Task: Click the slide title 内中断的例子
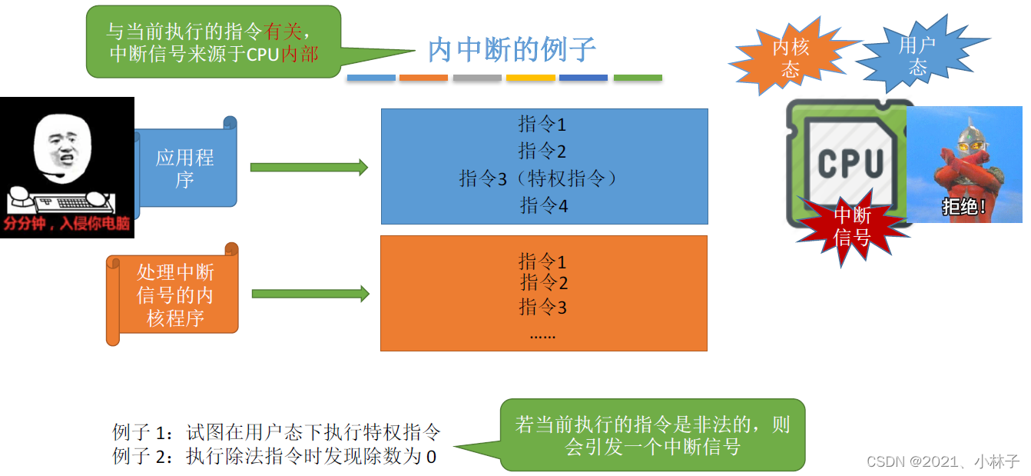512,50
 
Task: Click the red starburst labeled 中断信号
852,225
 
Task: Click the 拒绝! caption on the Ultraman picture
963,207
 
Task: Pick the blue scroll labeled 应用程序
185,168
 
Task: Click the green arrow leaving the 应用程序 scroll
309,168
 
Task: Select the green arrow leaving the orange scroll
310,294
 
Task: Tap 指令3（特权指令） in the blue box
539,179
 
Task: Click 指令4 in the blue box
543,205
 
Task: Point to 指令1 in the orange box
542,261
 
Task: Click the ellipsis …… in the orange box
542,335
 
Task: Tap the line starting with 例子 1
277,432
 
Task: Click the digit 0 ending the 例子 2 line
431,456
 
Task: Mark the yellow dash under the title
530,78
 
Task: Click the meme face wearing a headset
61,150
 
